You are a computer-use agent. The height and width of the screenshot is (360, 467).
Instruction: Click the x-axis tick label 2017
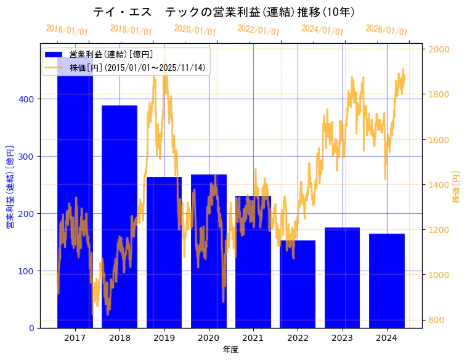pos(75,338)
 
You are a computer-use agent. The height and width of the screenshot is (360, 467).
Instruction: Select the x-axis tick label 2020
pos(208,338)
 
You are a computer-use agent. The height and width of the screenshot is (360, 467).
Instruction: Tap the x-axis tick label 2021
pos(253,338)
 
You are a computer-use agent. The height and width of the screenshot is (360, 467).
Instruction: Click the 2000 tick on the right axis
pos(439,49)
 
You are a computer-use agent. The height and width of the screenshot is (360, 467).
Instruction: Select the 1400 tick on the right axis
pos(439,185)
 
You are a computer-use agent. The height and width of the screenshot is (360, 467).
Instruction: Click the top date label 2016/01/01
pos(67,30)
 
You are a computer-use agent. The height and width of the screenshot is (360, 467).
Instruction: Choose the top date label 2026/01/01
pos(387,30)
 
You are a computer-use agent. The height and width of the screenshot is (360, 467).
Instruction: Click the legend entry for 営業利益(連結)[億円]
pos(111,54)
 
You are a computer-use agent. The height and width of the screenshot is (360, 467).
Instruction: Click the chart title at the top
pos(224,12)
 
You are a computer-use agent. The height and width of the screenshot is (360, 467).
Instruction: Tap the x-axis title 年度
pos(230,350)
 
